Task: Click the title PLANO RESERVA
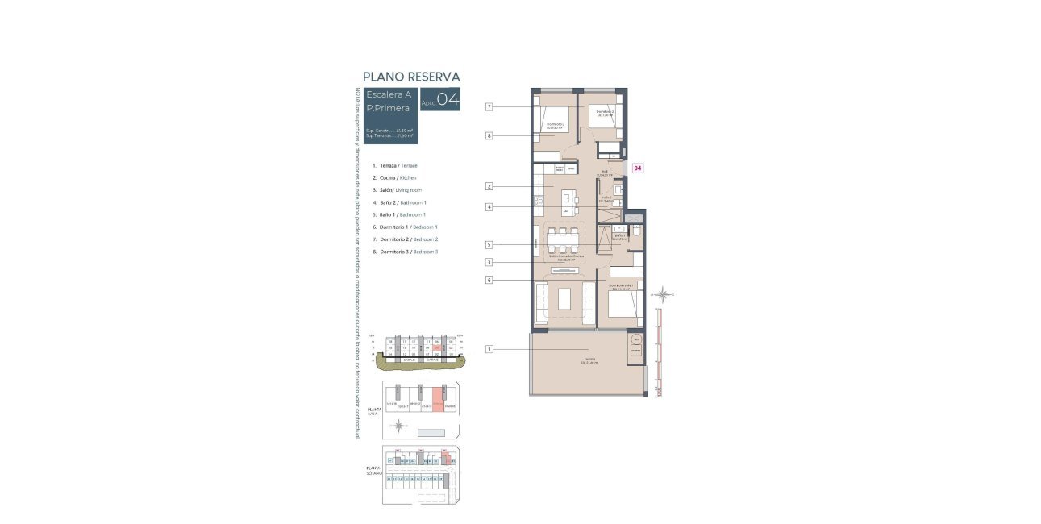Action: point(411,77)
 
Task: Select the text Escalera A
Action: point(389,94)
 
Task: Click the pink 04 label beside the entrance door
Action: point(638,168)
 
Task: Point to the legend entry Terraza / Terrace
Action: point(394,165)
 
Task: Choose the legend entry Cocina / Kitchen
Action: point(394,177)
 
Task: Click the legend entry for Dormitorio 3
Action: point(405,252)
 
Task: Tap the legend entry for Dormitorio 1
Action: point(405,227)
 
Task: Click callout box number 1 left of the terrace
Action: point(489,349)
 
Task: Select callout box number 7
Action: point(489,107)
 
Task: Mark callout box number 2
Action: point(489,186)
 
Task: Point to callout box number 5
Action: point(489,245)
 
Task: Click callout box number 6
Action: point(489,280)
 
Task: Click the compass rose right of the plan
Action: point(662,294)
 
